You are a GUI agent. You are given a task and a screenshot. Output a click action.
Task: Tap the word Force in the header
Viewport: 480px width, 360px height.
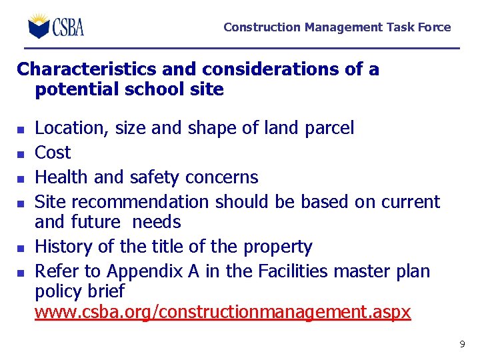click(434, 27)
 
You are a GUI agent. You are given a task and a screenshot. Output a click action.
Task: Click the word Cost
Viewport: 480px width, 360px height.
click(53, 153)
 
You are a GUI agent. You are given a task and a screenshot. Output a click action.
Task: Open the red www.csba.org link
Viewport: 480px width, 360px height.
click(223, 313)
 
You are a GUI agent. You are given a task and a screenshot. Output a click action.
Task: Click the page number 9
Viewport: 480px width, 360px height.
click(462, 345)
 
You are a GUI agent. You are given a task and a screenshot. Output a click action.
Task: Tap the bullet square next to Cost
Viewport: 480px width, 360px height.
click(21, 154)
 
